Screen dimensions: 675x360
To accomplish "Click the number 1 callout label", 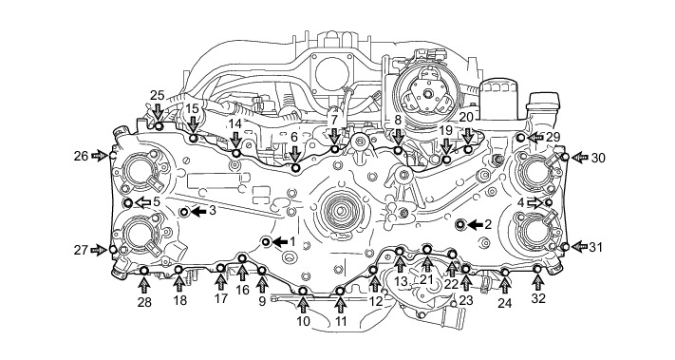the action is tap(292, 241).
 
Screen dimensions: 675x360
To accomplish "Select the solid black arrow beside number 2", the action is tap(476, 224).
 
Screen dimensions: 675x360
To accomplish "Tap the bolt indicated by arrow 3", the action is tap(185, 212).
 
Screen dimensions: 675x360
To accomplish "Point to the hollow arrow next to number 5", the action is tap(143, 202).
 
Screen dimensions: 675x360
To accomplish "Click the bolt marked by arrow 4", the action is tap(549, 202).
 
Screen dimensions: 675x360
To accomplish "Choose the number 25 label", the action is tap(158, 96).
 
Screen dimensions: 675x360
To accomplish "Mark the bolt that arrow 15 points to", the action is tap(194, 139).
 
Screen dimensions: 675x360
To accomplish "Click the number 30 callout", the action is tap(598, 158).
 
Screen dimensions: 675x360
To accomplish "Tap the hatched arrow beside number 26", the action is tap(99, 156).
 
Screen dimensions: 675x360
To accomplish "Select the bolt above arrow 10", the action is tap(303, 291).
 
